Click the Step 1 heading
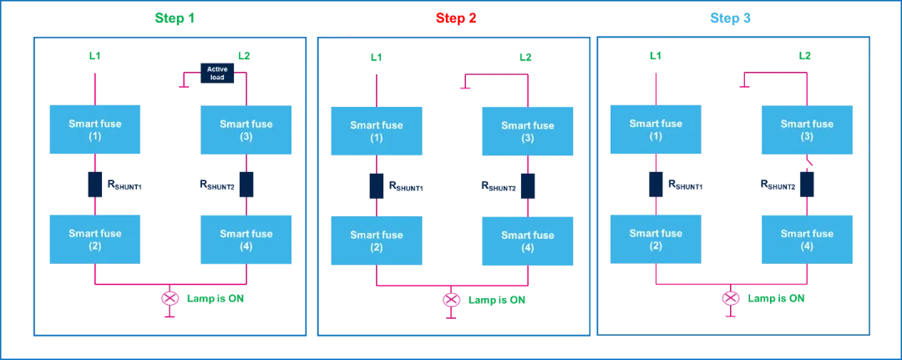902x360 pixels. (175, 18)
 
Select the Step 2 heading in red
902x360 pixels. (455, 18)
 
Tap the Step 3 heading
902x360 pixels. (730, 18)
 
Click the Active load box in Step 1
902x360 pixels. (217, 73)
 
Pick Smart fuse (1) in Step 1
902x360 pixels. (94, 129)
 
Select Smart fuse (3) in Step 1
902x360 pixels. (246, 129)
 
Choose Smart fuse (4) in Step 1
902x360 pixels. (246, 239)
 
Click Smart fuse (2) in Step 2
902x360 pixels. (376, 241)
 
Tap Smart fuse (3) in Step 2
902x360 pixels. (527, 131)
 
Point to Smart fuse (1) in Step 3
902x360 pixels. (656, 129)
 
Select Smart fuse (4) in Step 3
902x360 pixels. (807, 239)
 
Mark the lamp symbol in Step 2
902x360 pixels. (451, 299)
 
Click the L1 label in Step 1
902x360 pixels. (95, 56)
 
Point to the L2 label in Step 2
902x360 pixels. (525, 57)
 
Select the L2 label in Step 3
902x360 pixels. (805, 56)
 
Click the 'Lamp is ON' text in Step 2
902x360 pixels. (497, 299)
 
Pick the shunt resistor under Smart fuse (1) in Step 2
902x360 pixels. (376, 185)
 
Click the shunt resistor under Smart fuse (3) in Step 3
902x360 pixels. (806, 184)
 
